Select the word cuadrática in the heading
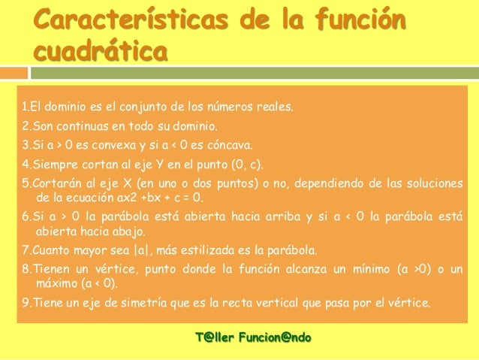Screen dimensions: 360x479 (101, 55)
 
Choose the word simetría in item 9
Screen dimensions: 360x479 (120, 304)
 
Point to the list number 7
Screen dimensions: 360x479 (25, 250)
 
